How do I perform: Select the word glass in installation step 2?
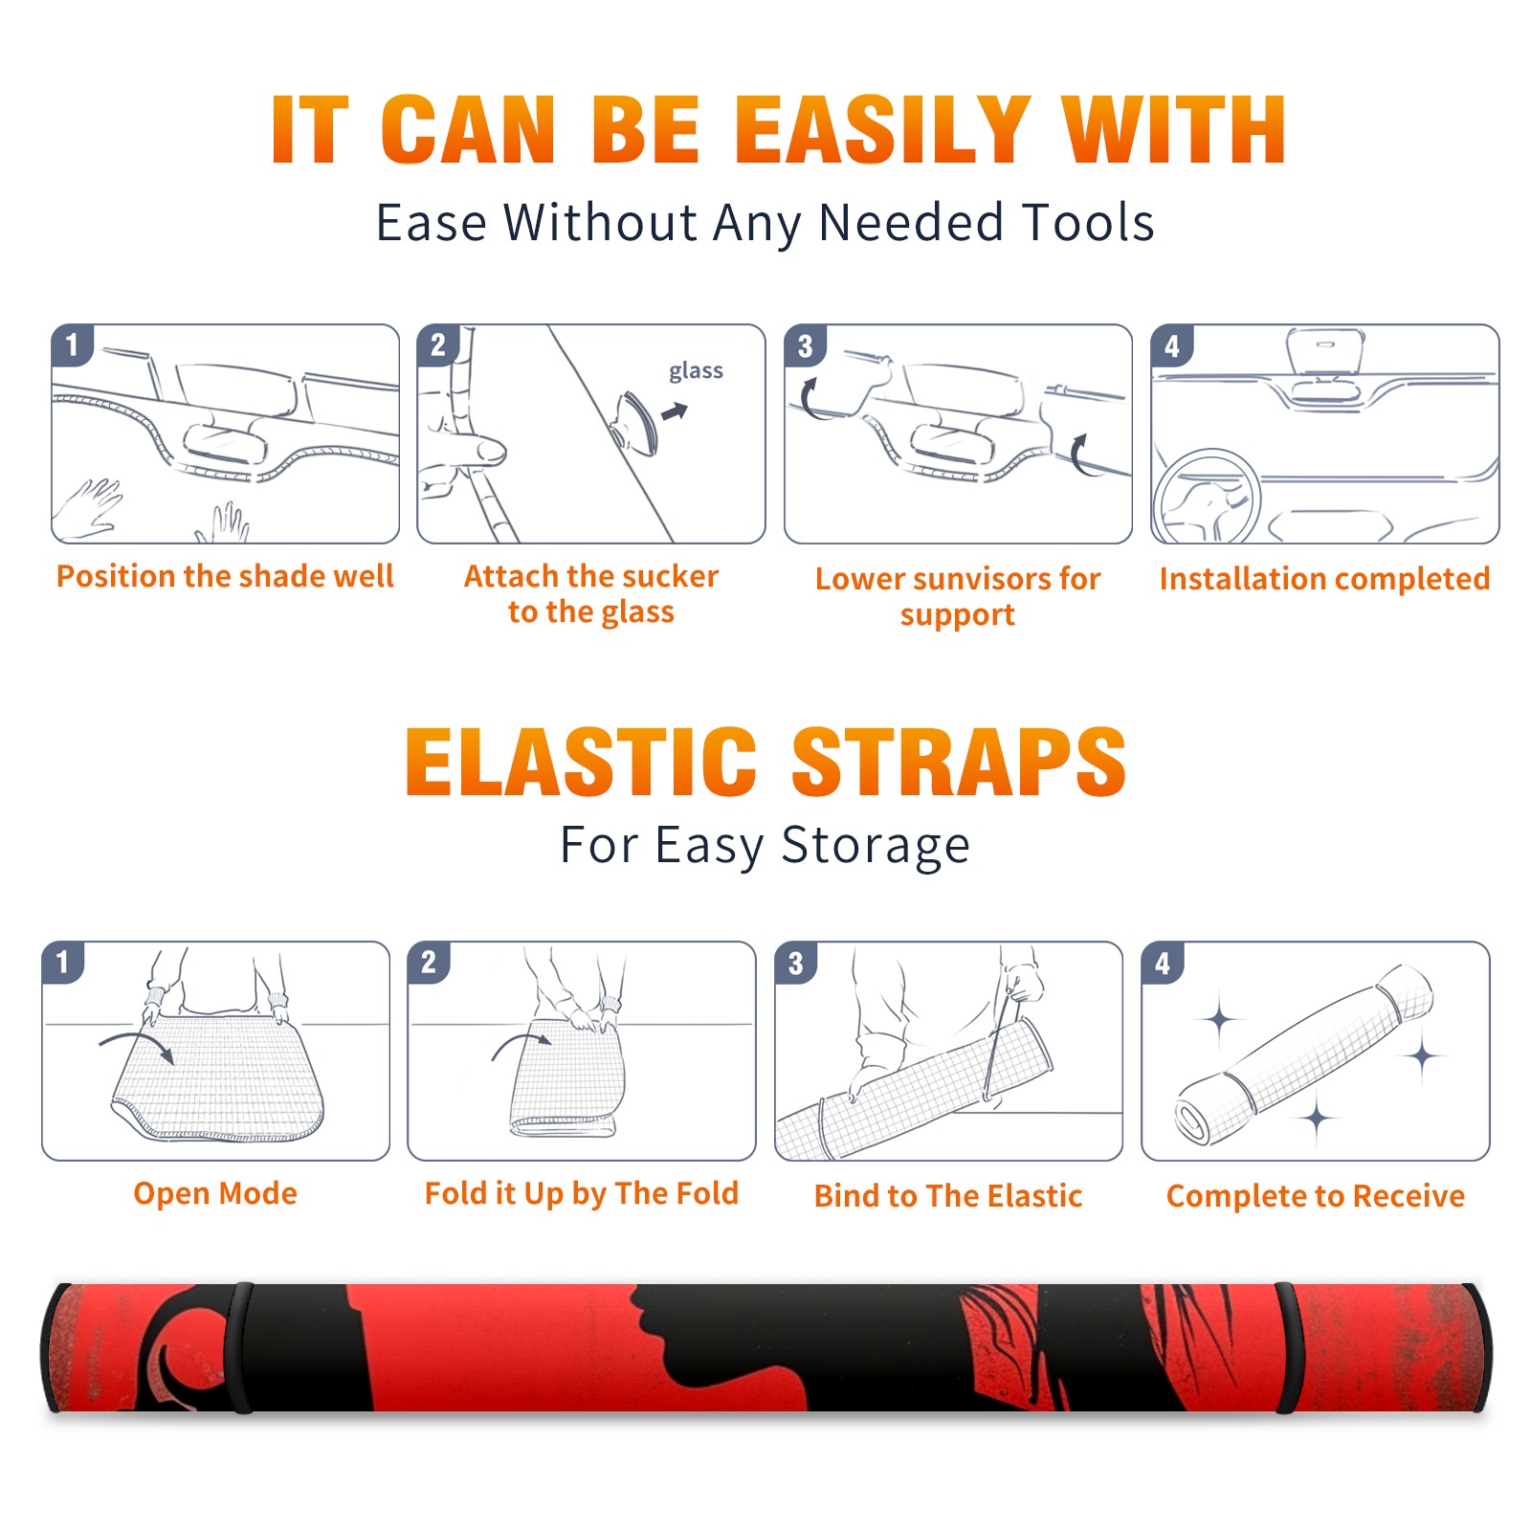(696, 371)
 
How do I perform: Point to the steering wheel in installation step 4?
(1208, 497)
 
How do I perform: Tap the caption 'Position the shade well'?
(225, 576)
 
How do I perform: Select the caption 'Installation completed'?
(1325, 578)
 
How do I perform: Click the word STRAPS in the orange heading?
(959, 762)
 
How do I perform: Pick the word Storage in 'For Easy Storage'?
(876, 846)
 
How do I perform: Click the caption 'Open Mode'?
(215, 1193)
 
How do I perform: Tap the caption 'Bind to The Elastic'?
(948, 1196)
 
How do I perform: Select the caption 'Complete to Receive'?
(1316, 1196)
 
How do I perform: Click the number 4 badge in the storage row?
(1163, 963)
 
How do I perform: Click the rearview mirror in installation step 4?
(1325, 351)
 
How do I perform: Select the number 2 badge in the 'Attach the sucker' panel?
(438, 345)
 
